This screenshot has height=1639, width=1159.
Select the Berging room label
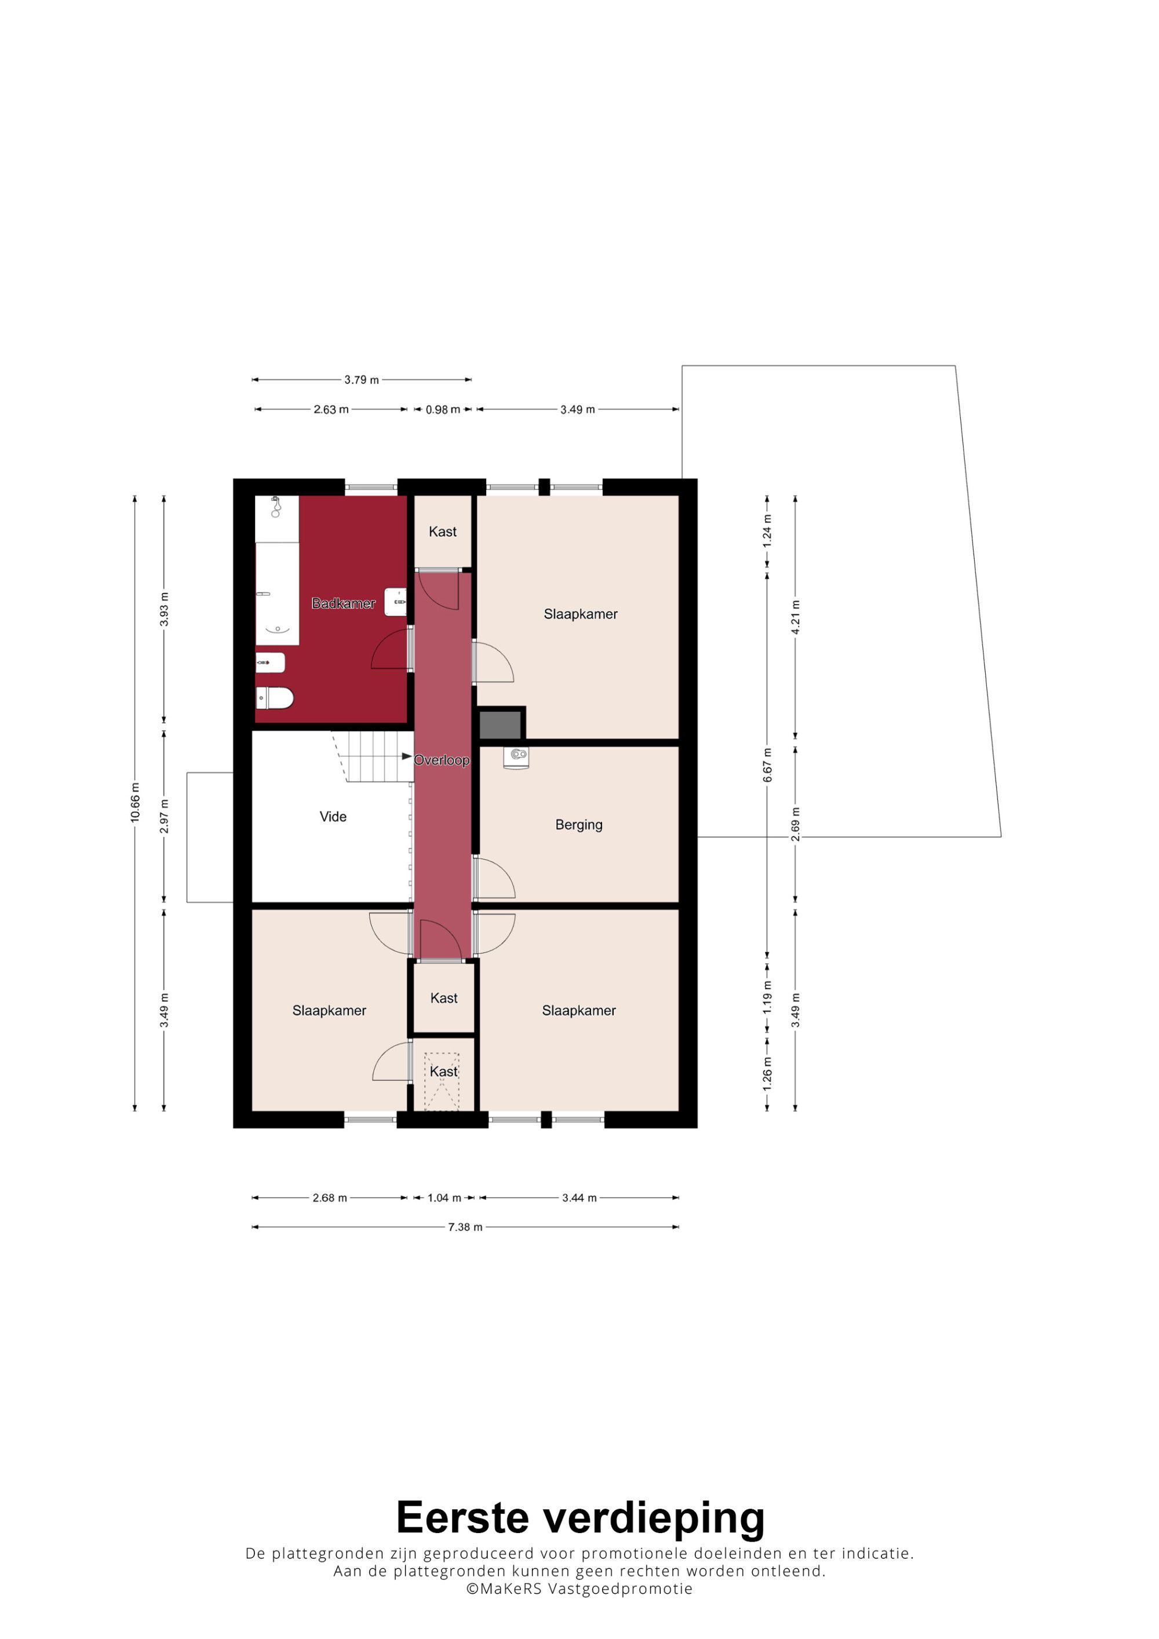[578, 825]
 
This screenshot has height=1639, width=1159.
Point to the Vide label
[333, 817]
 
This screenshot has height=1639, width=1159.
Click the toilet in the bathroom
[275, 697]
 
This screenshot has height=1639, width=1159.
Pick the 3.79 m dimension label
[362, 380]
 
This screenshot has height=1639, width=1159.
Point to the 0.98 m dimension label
[443, 410]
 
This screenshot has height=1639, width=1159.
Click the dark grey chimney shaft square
[500, 725]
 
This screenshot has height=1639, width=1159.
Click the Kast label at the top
[443, 531]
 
